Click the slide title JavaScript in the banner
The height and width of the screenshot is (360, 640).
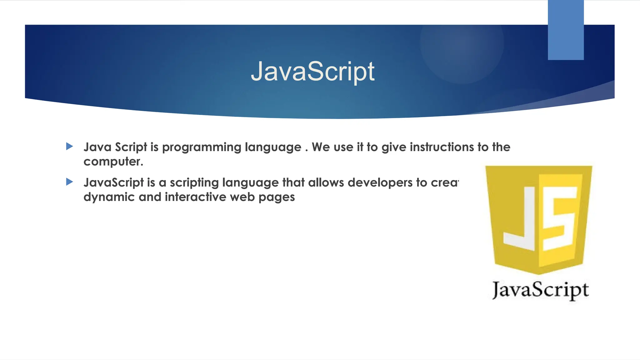312,72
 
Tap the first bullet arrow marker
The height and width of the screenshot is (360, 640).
70,146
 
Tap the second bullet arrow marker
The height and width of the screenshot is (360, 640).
70,182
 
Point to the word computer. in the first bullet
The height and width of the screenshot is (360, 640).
113,162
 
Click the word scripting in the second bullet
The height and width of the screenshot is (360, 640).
194,183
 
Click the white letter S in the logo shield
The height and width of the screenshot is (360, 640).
559,219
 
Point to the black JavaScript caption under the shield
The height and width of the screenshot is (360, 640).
540,290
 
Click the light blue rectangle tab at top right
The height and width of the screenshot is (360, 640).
566,30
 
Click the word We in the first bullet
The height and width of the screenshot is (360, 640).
321,147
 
